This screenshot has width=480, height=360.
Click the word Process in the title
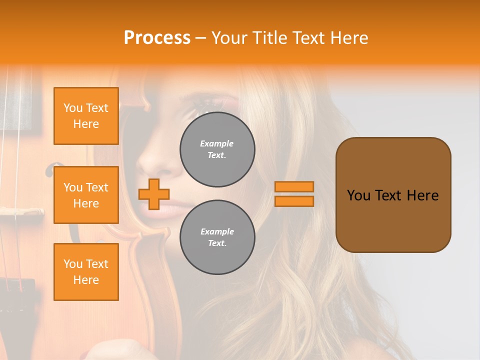pyautogui.click(x=157, y=38)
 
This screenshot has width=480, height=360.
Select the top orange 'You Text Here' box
pyautogui.click(x=86, y=116)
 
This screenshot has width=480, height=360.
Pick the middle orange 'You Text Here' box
pyautogui.click(x=86, y=195)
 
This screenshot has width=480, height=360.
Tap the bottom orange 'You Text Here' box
pyautogui.click(x=86, y=271)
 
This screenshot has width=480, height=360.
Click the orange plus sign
pyautogui.click(x=154, y=194)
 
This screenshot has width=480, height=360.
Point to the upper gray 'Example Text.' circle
pyautogui.click(x=217, y=149)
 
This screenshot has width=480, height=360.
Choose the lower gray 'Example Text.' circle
pyautogui.click(x=217, y=237)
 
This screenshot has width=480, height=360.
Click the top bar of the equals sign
pyautogui.click(x=294, y=186)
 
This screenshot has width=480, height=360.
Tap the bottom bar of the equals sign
pyautogui.click(x=294, y=201)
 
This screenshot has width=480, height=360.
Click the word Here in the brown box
pyautogui.click(x=422, y=195)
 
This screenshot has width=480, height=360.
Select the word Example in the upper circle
pyautogui.click(x=217, y=143)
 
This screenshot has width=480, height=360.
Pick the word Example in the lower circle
pyautogui.click(x=217, y=231)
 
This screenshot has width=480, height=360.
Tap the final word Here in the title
pyautogui.click(x=350, y=38)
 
